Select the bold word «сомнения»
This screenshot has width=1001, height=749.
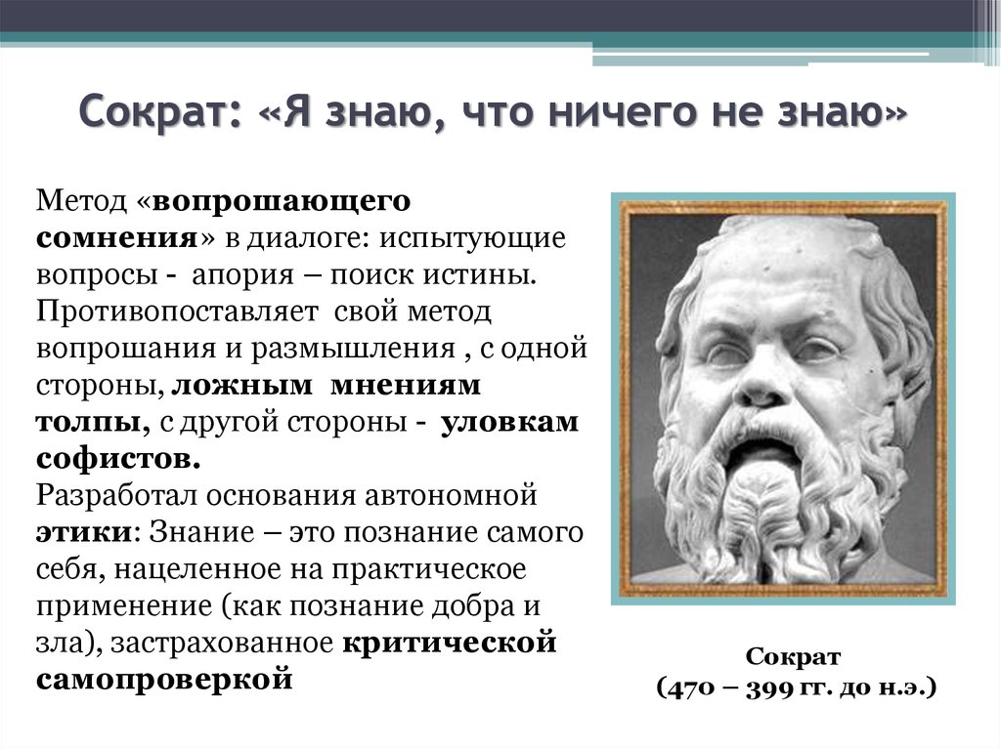point(118,238)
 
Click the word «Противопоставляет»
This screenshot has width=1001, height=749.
point(177,312)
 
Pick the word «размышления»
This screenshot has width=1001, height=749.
point(352,350)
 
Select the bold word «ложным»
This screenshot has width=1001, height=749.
point(242,386)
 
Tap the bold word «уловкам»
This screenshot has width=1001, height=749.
point(509,422)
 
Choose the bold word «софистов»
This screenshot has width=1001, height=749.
point(118,459)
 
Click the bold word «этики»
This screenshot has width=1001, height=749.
point(84,533)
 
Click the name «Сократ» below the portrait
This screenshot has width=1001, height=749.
point(793,657)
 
